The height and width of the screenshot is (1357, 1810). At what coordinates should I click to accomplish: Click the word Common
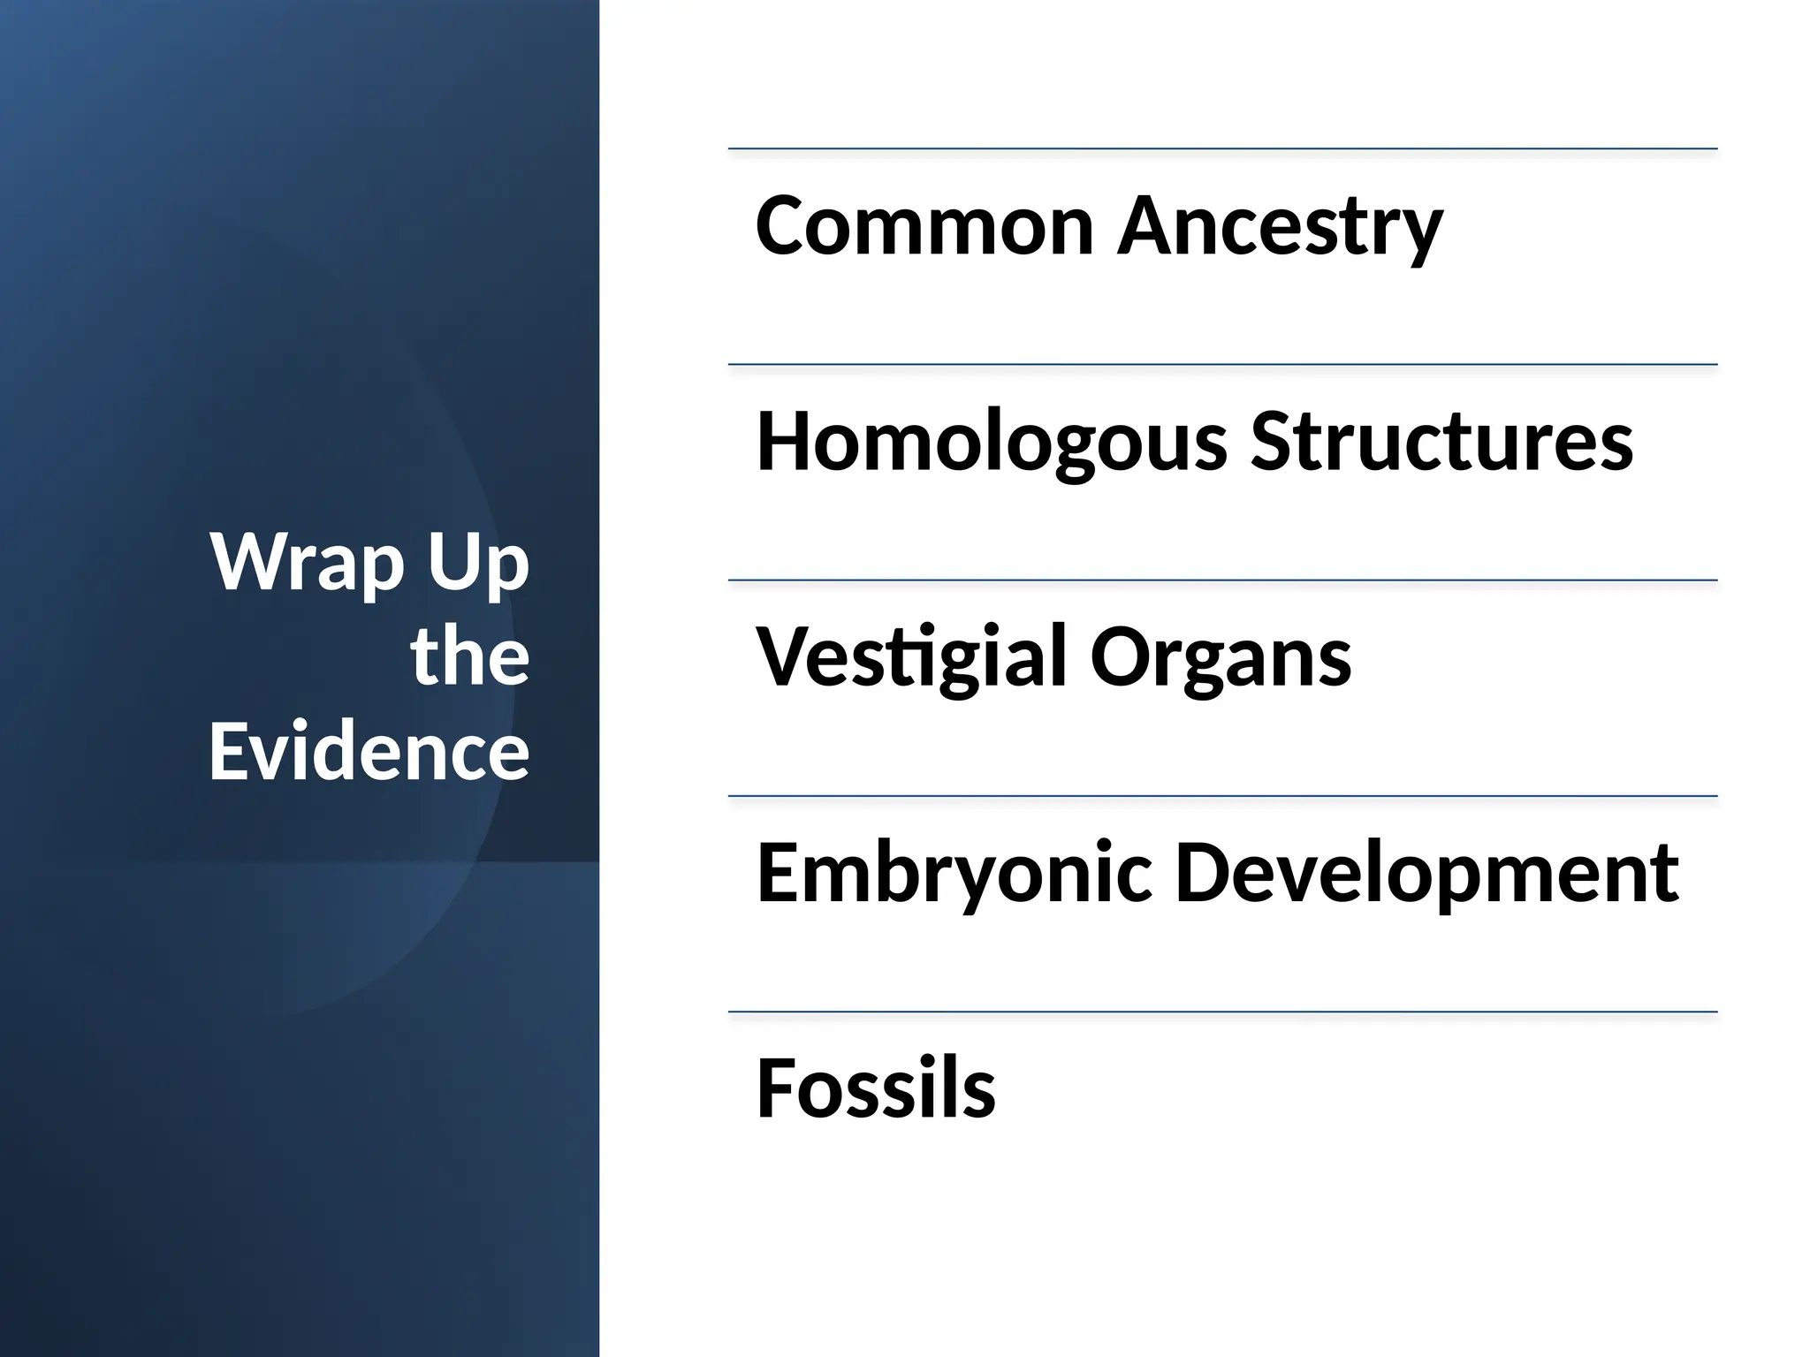[x=924, y=226]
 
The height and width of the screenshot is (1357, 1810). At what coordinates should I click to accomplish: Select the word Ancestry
[x=1280, y=226]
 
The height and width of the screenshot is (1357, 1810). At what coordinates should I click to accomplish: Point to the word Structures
[x=1441, y=442]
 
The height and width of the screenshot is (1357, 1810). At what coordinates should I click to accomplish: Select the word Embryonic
[x=954, y=874]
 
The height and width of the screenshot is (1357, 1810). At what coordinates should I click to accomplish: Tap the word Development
[x=1426, y=874]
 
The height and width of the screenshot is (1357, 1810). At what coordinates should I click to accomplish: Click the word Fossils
[x=876, y=1088]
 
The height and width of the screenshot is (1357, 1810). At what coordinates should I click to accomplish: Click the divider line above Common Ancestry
[x=1222, y=149]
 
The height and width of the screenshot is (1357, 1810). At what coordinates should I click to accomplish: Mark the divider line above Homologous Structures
[x=1222, y=365]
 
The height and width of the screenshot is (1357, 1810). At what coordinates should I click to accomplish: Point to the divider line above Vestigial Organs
[x=1222, y=580]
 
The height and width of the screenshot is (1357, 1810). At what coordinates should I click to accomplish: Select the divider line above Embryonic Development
[x=1222, y=796]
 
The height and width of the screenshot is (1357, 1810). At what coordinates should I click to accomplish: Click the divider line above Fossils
[x=1222, y=1012]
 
